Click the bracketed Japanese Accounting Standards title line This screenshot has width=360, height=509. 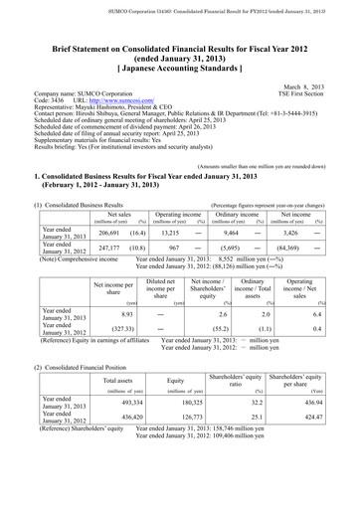(x=179, y=68)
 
